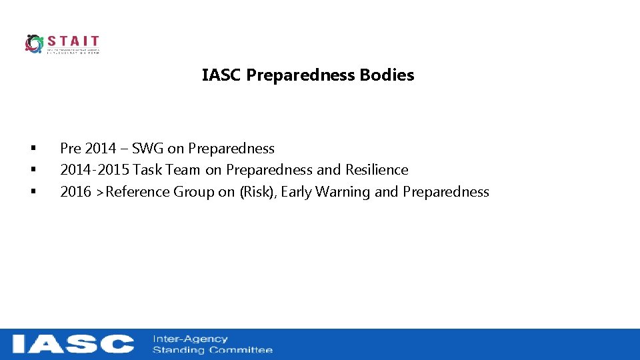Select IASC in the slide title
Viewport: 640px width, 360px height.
pyautogui.click(x=222, y=75)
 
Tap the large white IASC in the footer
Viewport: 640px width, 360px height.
pyautogui.click(x=73, y=344)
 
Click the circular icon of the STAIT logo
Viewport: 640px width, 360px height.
pyautogui.click(x=34, y=43)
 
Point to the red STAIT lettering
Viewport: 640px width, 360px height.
pyautogui.click(x=73, y=41)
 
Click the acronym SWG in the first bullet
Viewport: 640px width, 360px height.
pyautogui.click(x=147, y=149)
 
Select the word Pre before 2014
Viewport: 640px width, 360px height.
pyautogui.click(x=71, y=149)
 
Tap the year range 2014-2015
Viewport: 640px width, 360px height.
pyautogui.click(x=95, y=170)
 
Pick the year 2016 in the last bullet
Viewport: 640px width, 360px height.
pyautogui.click(x=75, y=192)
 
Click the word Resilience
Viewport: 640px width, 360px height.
pyautogui.click(x=377, y=170)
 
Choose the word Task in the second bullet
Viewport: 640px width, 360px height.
pyautogui.click(x=149, y=170)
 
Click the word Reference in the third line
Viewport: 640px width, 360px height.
pyautogui.click(x=137, y=192)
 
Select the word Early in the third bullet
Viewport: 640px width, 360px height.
pyautogui.click(x=297, y=192)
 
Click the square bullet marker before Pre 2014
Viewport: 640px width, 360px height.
pyautogui.click(x=32, y=149)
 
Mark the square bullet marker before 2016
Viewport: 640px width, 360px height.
pyautogui.click(x=32, y=192)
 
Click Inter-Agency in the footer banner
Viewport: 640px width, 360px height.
pyautogui.click(x=190, y=339)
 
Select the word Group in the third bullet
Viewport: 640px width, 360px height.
pyautogui.click(x=194, y=192)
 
